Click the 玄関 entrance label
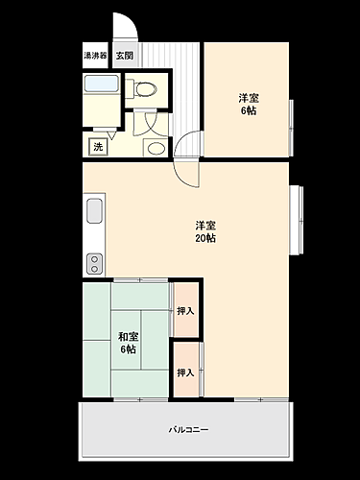[125, 56]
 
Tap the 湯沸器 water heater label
[96, 56]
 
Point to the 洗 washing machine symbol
[98, 147]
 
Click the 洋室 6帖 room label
[248, 104]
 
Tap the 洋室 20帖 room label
[204, 231]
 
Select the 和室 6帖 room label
[127, 343]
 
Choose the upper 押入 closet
[186, 311]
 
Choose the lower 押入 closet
[186, 372]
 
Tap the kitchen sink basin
[95, 211]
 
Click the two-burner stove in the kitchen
[95, 262]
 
